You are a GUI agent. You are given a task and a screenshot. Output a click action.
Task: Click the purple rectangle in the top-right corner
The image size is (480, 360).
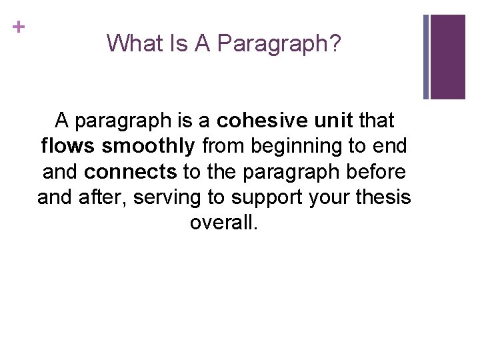447,57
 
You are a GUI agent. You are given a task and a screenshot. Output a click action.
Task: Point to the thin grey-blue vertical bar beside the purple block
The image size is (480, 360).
427,57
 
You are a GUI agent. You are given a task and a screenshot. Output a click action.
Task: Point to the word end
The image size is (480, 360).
391,146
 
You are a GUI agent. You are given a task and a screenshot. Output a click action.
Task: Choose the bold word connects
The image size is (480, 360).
131,171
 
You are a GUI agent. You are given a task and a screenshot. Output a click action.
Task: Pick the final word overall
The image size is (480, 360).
223,222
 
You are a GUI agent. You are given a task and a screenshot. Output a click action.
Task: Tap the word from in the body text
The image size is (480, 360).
222,146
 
